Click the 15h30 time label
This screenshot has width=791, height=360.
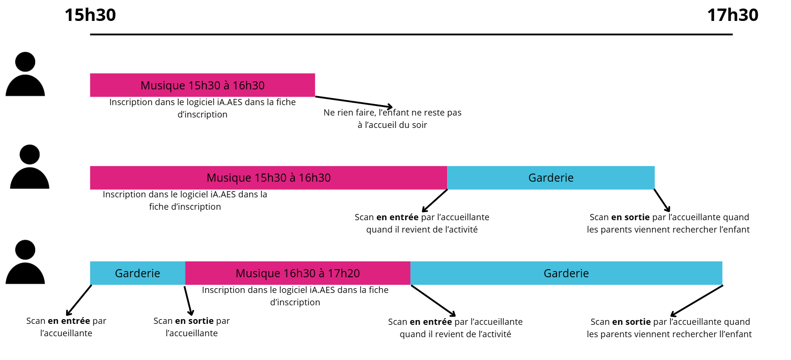(x=90, y=15)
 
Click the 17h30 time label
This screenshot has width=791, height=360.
(x=732, y=15)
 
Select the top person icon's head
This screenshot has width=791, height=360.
(x=25, y=62)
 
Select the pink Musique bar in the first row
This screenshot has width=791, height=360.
(x=202, y=85)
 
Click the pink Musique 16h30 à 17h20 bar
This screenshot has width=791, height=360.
(x=297, y=273)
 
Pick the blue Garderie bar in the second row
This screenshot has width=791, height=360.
(x=551, y=177)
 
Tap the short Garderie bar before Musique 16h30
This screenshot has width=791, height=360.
(x=137, y=273)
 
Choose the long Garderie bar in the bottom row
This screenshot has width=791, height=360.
(x=566, y=273)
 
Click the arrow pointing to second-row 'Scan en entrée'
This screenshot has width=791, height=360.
(x=434, y=201)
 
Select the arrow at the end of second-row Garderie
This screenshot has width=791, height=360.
(x=662, y=200)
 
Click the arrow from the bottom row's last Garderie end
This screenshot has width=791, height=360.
(x=696, y=301)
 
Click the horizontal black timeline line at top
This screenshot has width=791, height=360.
(x=411, y=34)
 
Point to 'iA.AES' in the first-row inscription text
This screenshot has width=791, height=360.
(x=230, y=102)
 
